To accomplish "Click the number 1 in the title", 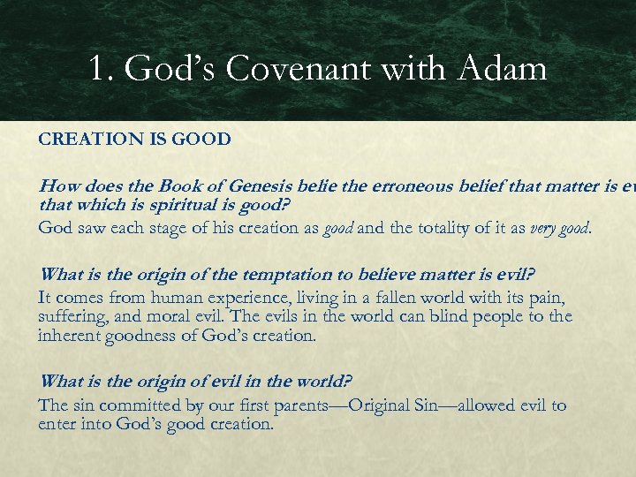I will pos(97,69).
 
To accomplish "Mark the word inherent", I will pos(72,335).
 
